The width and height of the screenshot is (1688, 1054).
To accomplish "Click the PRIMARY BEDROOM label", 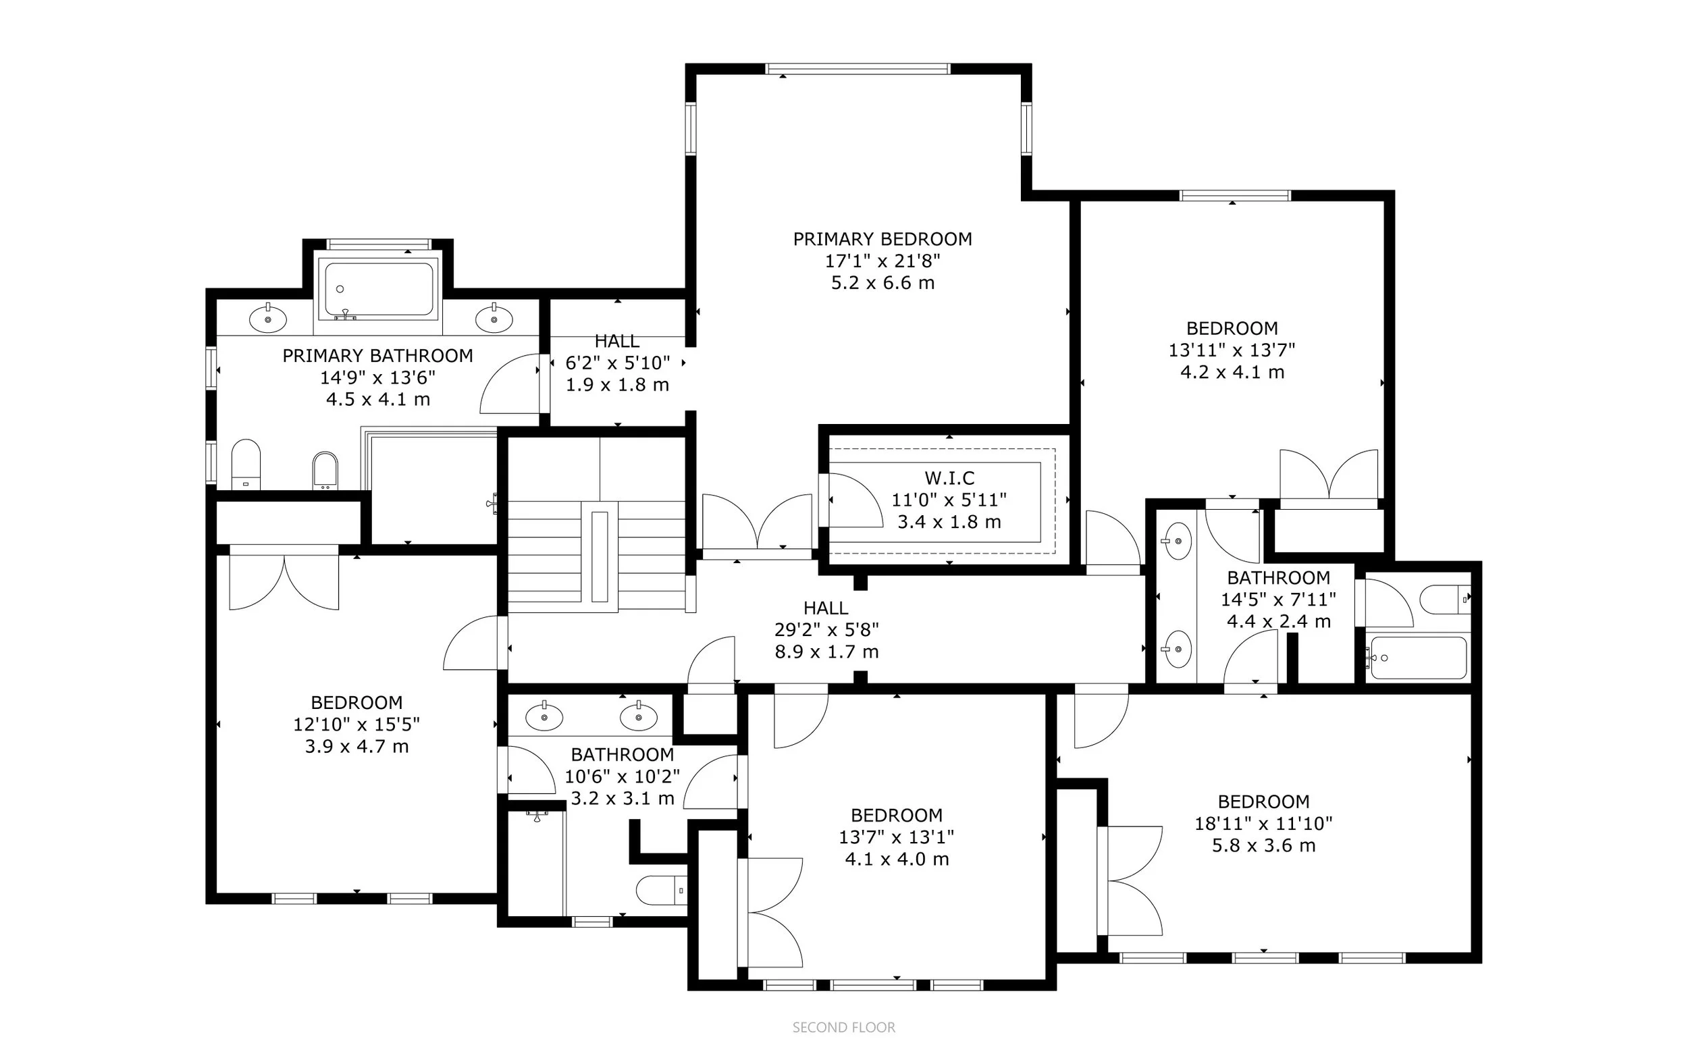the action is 882,239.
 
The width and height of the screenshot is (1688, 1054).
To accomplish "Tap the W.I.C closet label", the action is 949,478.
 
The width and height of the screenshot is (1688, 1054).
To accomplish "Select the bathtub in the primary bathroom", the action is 378,289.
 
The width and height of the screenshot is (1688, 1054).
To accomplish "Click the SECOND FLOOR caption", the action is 843,1028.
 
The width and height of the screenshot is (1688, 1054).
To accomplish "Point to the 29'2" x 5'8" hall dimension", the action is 826,629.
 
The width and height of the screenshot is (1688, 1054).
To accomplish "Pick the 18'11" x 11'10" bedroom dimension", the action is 1263,823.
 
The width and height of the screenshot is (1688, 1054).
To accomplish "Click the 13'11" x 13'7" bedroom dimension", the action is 1232,350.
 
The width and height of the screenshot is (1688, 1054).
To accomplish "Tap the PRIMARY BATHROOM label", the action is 377,356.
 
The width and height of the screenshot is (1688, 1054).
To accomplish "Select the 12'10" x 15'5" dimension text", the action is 357,724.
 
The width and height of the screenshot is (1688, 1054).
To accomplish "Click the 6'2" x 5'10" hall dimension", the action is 618,363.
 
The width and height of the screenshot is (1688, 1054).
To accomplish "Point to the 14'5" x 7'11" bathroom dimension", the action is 1279,600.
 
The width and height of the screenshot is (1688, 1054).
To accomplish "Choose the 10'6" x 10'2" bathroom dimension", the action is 623,776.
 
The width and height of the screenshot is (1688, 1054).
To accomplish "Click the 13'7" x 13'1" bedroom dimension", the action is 896,837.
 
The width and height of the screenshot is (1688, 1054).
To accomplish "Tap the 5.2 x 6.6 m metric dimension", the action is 882,283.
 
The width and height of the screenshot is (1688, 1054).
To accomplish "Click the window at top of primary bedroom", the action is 858,69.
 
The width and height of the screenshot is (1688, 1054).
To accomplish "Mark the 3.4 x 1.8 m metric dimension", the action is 949,522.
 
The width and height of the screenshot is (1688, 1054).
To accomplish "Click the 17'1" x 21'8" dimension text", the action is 882,261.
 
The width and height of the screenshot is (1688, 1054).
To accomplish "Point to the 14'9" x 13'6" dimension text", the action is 377,378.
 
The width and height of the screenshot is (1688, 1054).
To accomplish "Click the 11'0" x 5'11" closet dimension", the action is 949,500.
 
